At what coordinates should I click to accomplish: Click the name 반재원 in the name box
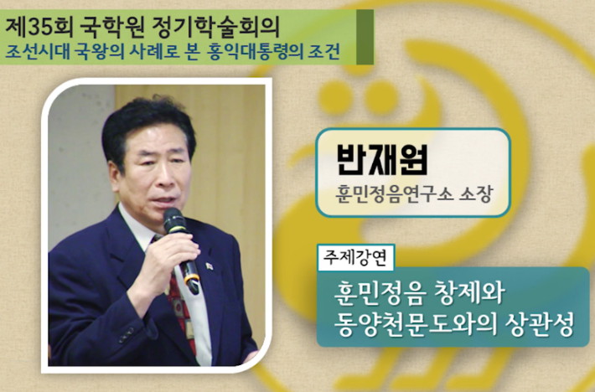pyautogui.click(x=382, y=159)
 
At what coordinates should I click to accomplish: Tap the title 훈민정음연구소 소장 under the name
pyautogui.click(x=414, y=194)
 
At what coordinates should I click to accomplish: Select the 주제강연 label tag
pyautogui.click(x=355, y=258)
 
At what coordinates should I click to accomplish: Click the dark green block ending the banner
pyautogui.click(x=365, y=37)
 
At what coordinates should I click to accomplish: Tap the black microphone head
pyautogui.click(x=173, y=220)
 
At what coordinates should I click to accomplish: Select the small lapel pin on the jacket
pyautogui.click(x=210, y=266)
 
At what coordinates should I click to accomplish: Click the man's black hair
pyautogui.click(x=146, y=121)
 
